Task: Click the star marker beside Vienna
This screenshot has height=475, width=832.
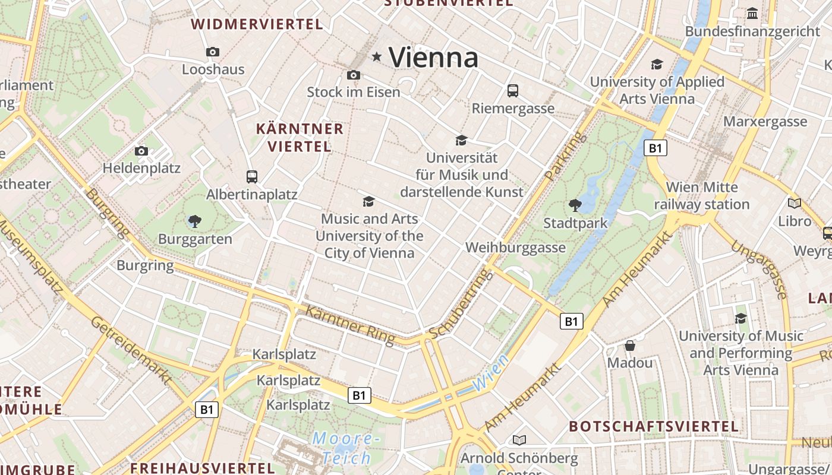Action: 376,57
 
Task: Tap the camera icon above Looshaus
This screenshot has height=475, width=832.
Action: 213,52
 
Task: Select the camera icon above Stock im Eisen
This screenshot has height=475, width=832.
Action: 354,75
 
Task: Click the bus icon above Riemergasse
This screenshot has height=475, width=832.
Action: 513,91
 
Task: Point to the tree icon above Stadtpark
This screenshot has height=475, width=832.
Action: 575,205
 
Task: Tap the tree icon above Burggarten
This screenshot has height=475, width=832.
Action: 194,222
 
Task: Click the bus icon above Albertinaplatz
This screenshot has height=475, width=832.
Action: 252,176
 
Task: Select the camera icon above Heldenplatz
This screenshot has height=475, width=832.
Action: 141,151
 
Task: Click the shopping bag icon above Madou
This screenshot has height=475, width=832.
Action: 630,346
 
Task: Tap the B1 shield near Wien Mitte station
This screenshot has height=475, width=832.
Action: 655,148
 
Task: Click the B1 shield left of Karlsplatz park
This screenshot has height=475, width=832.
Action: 207,409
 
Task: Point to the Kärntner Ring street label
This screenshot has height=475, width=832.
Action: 350,325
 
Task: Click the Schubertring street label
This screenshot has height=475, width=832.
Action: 461,305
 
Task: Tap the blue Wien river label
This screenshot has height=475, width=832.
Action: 491,373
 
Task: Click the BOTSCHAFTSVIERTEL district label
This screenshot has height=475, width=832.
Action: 654,426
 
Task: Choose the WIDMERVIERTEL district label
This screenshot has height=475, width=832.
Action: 257,24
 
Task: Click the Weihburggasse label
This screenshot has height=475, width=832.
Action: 515,248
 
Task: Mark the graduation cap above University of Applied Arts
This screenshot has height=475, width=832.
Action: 657,64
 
